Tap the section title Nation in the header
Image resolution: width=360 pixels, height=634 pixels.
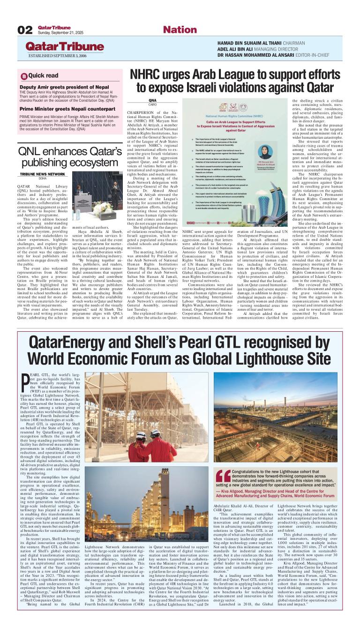coord(180,30)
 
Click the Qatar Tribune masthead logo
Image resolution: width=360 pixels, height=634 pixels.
coord(65,47)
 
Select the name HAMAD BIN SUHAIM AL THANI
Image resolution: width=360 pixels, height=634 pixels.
coord(251,43)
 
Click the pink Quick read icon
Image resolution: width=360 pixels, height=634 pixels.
coord(24,76)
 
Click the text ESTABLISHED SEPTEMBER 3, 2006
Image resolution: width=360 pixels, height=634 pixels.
coord(58,56)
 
